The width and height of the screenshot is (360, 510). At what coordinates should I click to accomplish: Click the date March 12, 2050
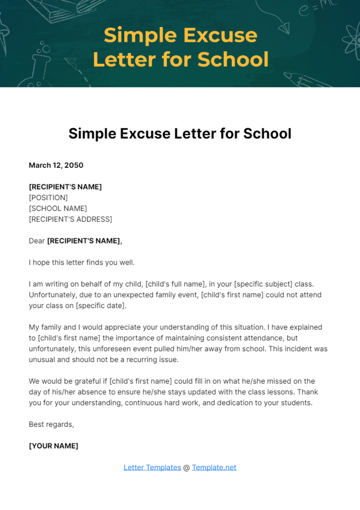coord(56,165)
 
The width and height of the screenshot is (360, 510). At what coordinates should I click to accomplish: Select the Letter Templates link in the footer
coord(152,467)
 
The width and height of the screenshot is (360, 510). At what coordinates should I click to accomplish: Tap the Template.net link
coord(214,467)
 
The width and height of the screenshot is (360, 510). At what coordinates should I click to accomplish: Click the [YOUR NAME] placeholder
coord(53,446)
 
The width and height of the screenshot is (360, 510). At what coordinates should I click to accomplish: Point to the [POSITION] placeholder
coord(48,198)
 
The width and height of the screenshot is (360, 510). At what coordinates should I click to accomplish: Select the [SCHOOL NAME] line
coord(58,208)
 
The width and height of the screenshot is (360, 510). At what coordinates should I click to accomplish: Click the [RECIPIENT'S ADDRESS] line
coord(70,219)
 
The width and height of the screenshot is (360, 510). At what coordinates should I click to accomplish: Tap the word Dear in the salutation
coord(37,241)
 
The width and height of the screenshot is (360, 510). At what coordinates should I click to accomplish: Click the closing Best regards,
coord(51,424)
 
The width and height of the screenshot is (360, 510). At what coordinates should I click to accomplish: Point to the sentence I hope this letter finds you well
coord(82,262)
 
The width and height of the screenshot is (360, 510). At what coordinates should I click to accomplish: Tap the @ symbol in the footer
coord(186,468)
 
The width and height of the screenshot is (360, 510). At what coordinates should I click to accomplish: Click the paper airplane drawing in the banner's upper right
coord(284,28)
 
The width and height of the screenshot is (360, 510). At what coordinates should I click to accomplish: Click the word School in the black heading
coord(267,134)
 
